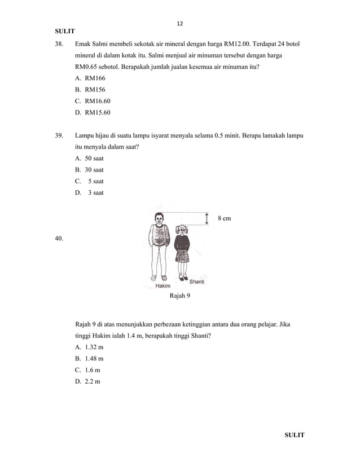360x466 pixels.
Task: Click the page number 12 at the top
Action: point(180,24)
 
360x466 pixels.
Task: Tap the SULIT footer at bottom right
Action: point(293,435)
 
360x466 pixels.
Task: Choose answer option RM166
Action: point(90,78)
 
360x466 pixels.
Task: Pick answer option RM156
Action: point(90,89)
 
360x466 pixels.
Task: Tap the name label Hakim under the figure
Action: point(163,286)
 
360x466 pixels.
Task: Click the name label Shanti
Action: point(196,282)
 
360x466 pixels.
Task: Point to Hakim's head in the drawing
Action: point(159,217)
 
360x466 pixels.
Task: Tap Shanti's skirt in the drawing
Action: point(182,255)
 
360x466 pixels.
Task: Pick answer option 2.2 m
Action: point(88,382)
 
